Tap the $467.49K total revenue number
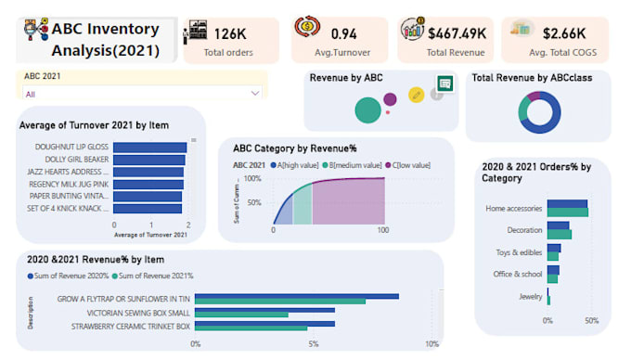coord(457,33)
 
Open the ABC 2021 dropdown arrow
coord(255,94)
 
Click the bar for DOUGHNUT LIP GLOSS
coord(150,147)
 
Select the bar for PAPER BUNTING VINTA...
coord(148,196)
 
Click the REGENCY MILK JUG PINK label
coord(71,184)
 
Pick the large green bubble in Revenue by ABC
coord(367,110)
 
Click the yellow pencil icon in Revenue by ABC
coord(417,95)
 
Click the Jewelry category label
coord(530,296)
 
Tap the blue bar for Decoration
coord(558,225)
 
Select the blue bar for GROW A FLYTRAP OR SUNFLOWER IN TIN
coord(297,296)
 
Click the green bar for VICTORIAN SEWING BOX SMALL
coord(241,315)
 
